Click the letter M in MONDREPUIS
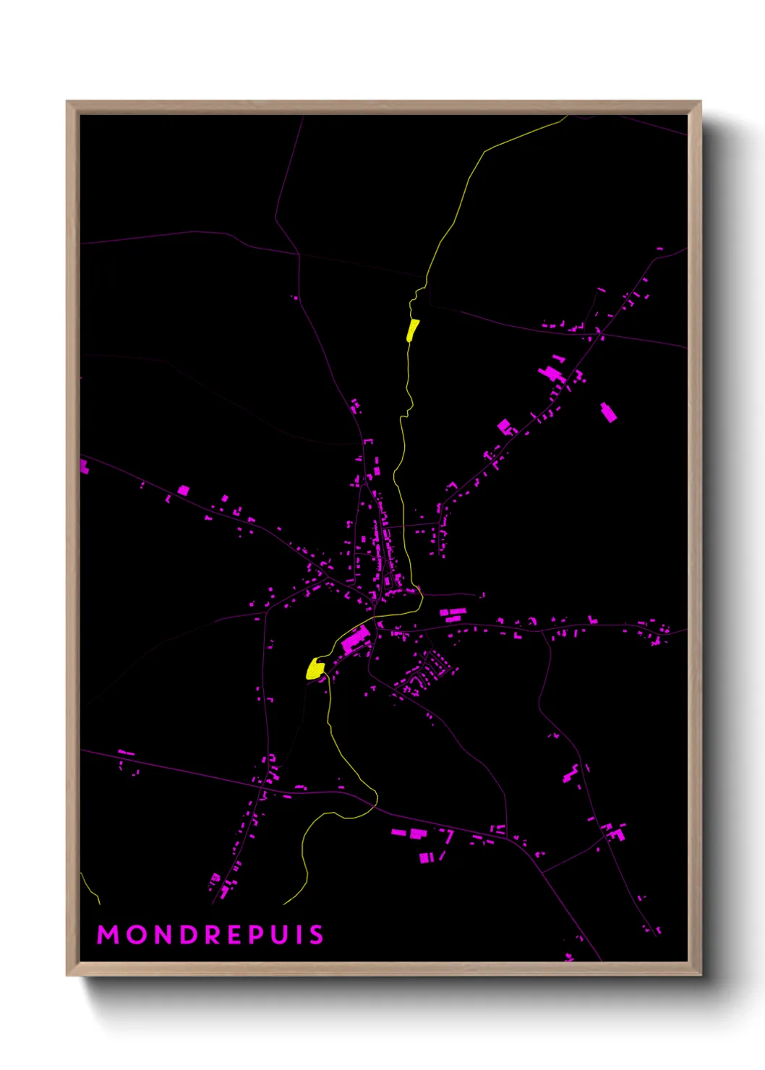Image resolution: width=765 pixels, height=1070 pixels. tap(108, 935)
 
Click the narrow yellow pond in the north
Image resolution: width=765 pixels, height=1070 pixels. tap(412, 330)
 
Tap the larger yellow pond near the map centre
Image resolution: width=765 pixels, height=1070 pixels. tap(315, 669)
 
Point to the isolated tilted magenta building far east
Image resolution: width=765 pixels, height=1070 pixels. tap(609, 412)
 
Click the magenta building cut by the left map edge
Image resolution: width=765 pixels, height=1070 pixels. tap(84, 466)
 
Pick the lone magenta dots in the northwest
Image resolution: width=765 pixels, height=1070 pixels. tap(294, 297)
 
